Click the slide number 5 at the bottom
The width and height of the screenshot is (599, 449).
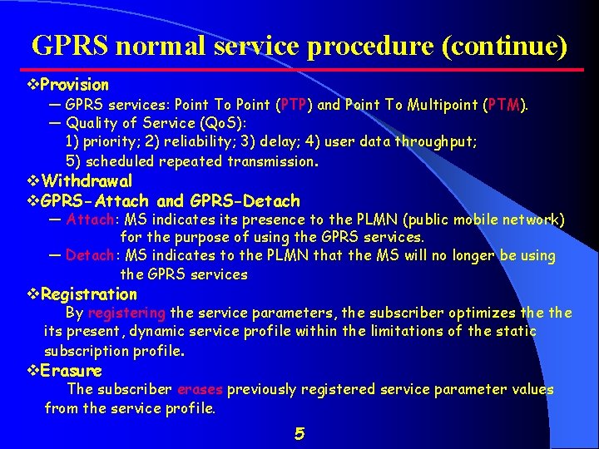[299, 433]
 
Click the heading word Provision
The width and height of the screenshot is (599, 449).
[74, 85]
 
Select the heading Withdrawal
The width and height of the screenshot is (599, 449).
[87, 181]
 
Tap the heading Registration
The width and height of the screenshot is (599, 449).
[88, 294]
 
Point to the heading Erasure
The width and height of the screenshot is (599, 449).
[71, 371]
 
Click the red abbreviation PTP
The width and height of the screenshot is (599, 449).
[295, 106]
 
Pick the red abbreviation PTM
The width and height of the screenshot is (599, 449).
[504, 106]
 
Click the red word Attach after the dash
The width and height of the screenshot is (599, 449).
[91, 220]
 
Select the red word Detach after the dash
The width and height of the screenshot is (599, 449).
[91, 256]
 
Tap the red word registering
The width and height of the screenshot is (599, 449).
[126, 313]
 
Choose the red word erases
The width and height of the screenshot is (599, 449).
[199, 390]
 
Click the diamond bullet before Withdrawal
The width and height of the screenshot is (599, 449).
[33, 181]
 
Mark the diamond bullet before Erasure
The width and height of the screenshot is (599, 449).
[33, 371]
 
